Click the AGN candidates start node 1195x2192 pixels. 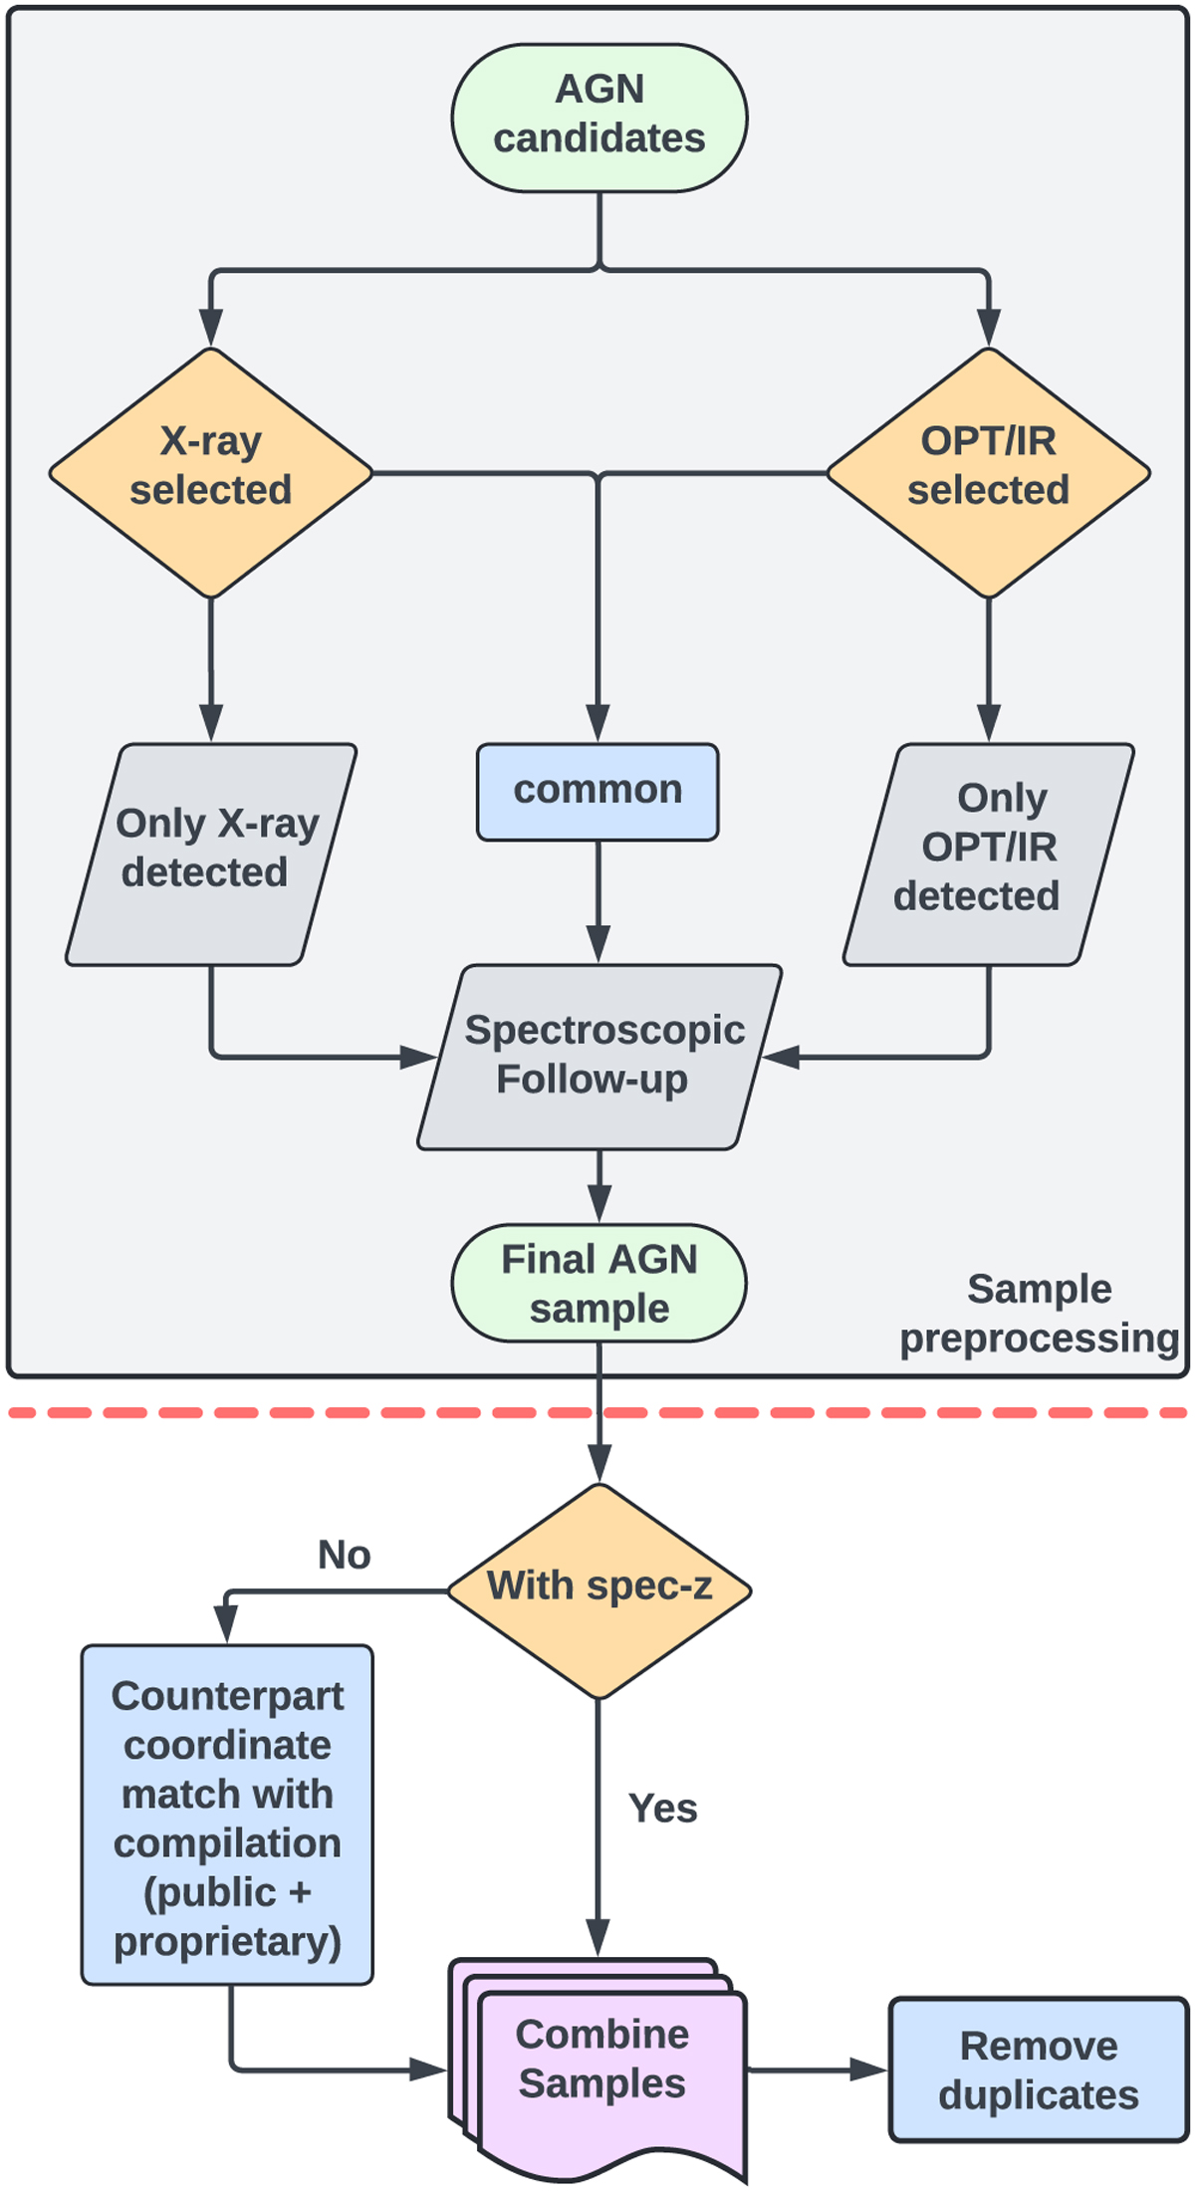pyautogui.click(x=598, y=117)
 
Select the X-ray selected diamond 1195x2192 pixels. pyautogui.click(x=211, y=472)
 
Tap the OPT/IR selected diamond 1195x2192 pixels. pyautogui.click(x=988, y=472)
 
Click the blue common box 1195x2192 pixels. pyautogui.click(x=597, y=792)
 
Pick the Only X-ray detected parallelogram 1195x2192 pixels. pyautogui.click(x=211, y=853)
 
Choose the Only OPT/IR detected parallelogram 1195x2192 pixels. pyautogui.click(x=988, y=853)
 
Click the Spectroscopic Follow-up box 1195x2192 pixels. pyautogui.click(x=599, y=1056)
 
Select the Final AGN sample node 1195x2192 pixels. pyautogui.click(x=598, y=1283)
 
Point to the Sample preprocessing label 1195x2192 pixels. pyautogui.click(x=1039, y=1313)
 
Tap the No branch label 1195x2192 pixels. pyautogui.click(x=344, y=1555)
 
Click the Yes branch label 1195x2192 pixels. pyautogui.click(x=662, y=1808)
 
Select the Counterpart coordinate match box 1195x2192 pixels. pyautogui.click(x=227, y=1817)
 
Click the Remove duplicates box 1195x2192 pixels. pyautogui.click(x=1038, y=2070)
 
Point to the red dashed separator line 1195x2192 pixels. pyautogui.click(x=299, y=1412)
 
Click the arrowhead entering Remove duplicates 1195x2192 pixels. pyautogui.click(x=869, y=2070)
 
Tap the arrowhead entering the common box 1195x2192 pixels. pyautogui.click(x=597, y=724)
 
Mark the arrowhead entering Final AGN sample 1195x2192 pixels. pyautogui.click(x=598, y=1205)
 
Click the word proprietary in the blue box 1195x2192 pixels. pyautogui.click(x=227, y=1941)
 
